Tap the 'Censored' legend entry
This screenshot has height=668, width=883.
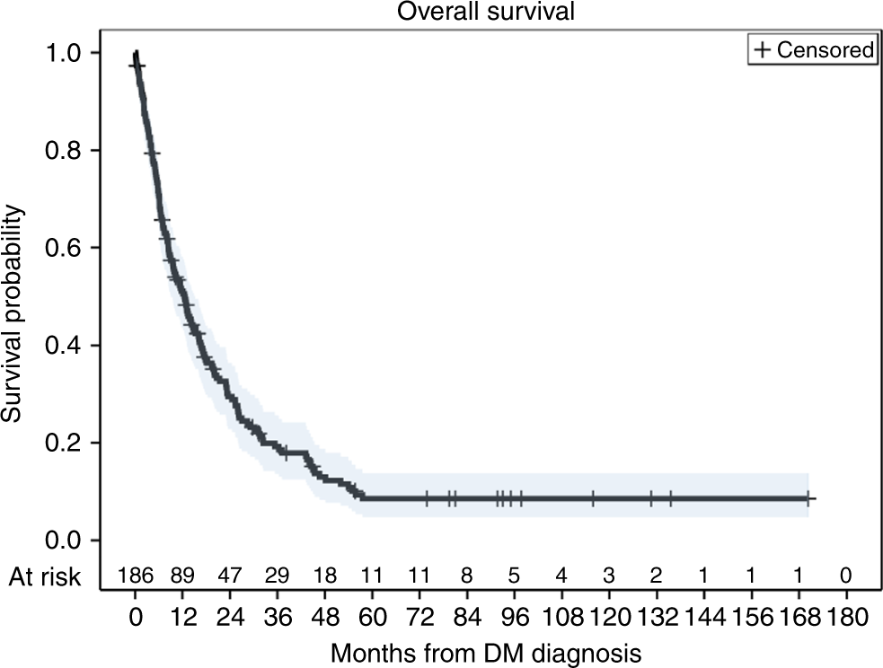(825, 50)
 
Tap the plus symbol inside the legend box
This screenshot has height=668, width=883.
(763, 50)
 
